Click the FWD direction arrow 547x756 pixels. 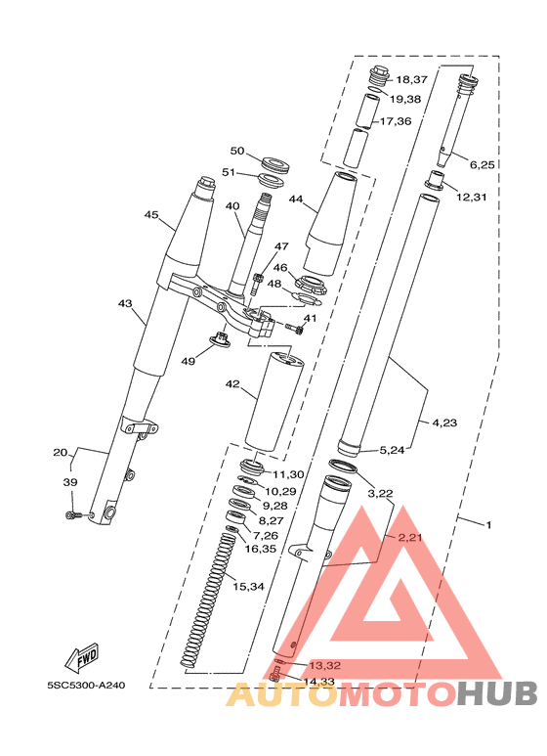click(82, 656)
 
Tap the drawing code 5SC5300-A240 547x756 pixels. click(87, 686)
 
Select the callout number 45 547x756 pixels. click(151, 215)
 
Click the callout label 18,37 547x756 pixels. click(411, 79)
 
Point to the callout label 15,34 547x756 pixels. click(248, 587)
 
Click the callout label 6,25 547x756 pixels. click(482, 165)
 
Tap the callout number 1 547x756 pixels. click(488, 525)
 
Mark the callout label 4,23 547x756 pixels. click(444, 422)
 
